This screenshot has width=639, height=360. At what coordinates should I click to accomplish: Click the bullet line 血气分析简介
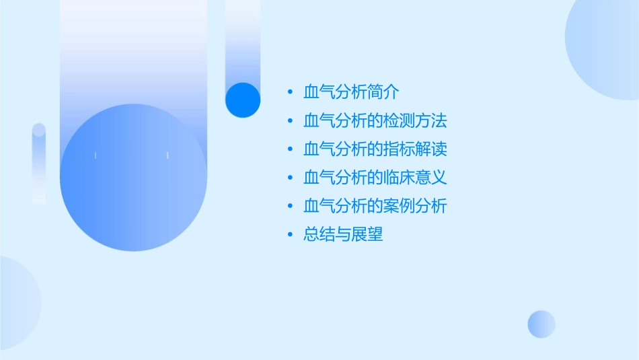[352, 92]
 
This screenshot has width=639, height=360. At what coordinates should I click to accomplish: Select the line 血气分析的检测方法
[375, 121]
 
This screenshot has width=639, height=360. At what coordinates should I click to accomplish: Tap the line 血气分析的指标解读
[375, 149]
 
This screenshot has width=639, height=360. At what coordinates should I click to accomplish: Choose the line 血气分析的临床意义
[375, 178]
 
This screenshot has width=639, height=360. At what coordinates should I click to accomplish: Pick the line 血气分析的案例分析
[375, 206]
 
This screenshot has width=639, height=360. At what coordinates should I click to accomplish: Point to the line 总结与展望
[343, 235]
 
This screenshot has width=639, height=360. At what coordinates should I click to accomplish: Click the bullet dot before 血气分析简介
[289, 93]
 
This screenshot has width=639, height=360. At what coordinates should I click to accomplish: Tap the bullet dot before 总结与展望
[289, 236]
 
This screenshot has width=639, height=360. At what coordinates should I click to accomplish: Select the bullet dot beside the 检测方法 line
[289, 122]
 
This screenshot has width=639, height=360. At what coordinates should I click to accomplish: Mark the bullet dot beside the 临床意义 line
[289, 178]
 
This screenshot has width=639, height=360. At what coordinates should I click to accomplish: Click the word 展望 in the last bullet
[367, 235]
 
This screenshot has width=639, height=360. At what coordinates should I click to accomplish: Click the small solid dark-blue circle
[242, 100]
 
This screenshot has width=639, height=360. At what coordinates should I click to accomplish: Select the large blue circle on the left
[133, 178]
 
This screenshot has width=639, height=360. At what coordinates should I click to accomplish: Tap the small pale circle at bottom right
[541, 324]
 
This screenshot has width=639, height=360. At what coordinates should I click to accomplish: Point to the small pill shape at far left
[39, 164]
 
